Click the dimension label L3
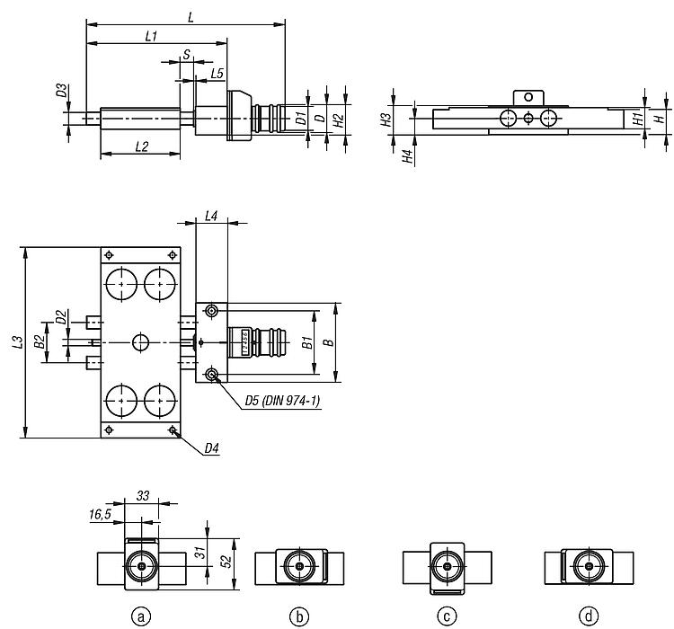tap(17, 341)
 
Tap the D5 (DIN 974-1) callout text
tap(282, 401)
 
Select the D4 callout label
tap(211, 448)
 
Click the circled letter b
tap(299, 616)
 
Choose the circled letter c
tap(447, 616)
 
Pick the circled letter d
tap(589, 616)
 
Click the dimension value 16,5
tap(100, 514)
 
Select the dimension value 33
tap(143, 496)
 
